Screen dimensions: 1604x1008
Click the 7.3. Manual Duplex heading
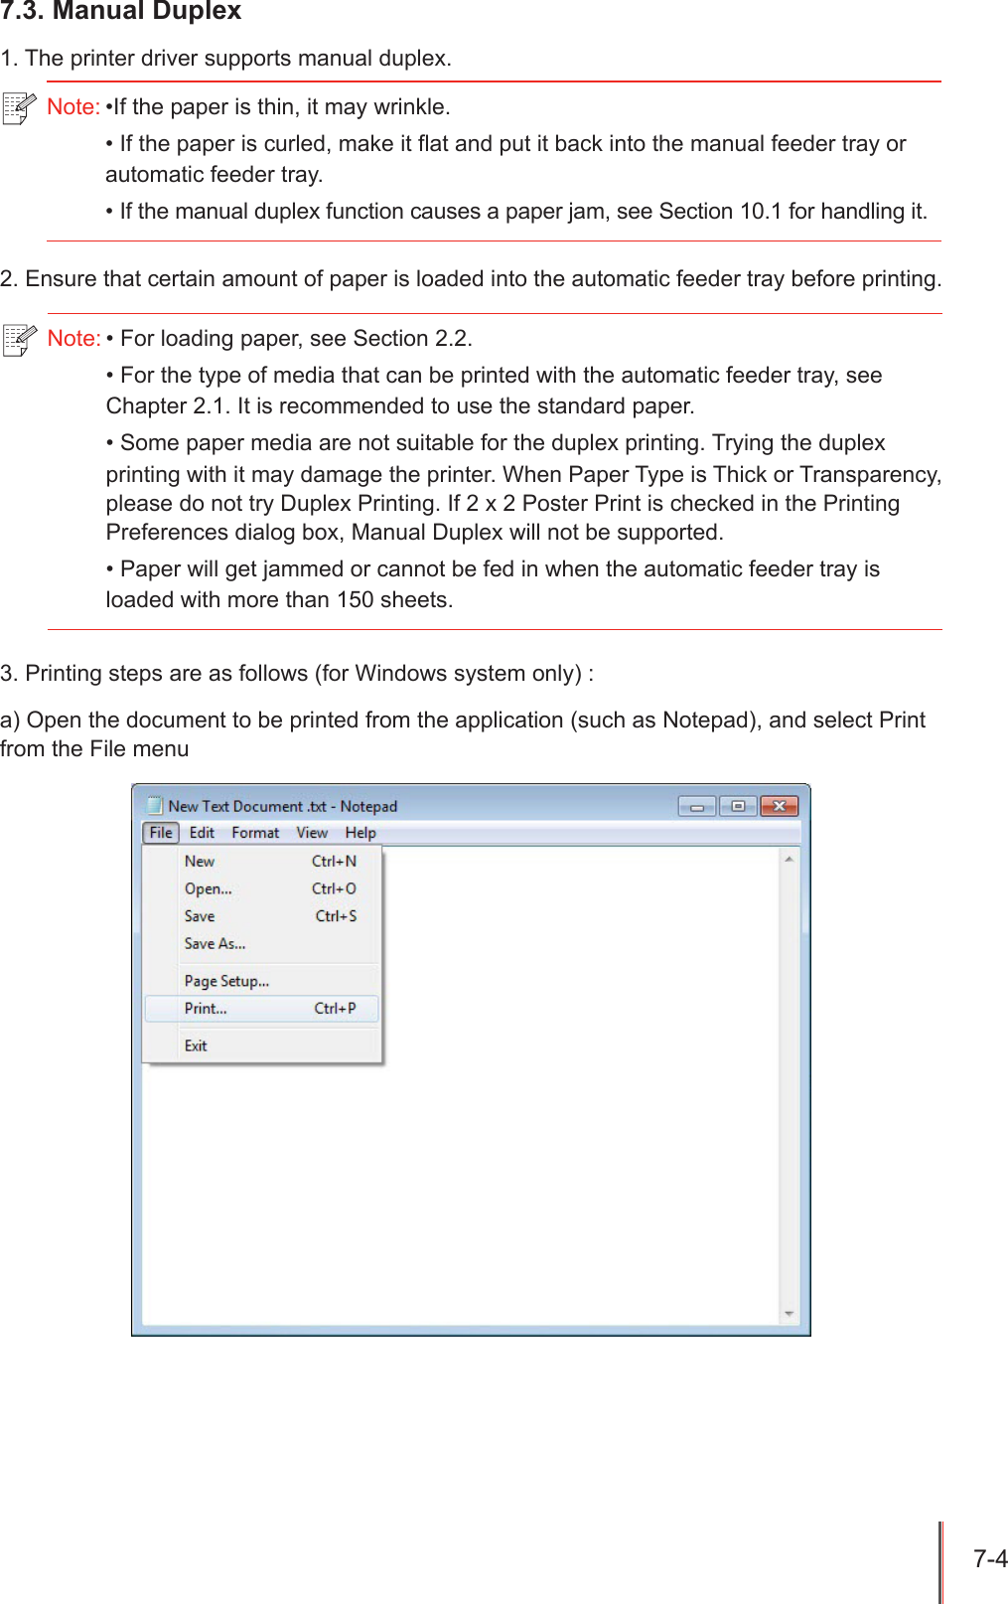(x=121, y=12)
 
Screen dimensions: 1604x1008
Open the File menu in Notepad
(x=161, y=833)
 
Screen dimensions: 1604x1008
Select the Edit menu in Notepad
(x=202, y=833)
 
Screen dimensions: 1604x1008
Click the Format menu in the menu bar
(x=255, y=833)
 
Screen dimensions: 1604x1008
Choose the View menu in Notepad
(x=312, y=833)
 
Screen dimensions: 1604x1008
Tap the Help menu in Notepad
(x=360, y=833)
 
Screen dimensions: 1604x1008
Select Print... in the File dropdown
(x=206, y=1009)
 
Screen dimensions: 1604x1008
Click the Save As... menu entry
(x=215, y=944)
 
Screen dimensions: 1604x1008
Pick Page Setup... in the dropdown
(x=226, y=981)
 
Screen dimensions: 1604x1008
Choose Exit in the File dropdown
(x=196, y=1045)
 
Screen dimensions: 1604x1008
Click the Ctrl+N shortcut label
(x=334, y=862)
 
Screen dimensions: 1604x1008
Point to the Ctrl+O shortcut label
(x=334, y=889)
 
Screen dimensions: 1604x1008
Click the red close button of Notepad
(x=780, y=806)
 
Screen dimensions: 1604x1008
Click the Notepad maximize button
(x=738, y=806)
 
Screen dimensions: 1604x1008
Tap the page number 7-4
(x=990, y=1558)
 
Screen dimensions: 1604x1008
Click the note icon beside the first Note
(x=19, y=107)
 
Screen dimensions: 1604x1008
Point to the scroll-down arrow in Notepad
(x=790, y=1314)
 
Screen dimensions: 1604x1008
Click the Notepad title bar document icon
(x=155, y=805)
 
